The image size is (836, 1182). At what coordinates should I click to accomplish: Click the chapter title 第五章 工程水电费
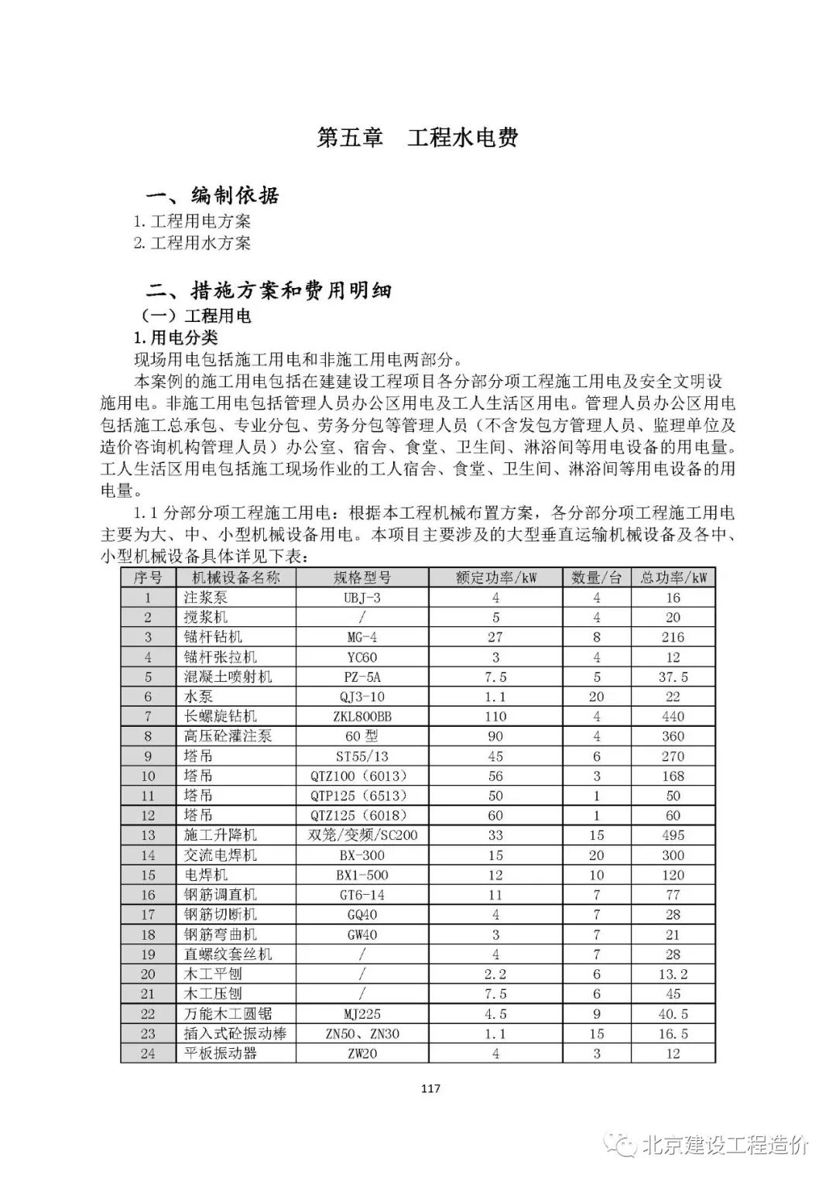coord(417,138)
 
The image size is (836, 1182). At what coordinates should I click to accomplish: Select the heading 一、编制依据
coord(213,195)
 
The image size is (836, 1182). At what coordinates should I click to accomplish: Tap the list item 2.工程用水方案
coord(192,243)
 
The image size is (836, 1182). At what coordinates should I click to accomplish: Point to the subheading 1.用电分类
coord(176,337)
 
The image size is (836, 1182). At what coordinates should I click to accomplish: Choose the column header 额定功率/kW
coord(495,577)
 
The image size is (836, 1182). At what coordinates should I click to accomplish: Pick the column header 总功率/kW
coord(673,577)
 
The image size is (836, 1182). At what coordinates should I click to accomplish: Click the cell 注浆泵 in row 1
coord(205,598)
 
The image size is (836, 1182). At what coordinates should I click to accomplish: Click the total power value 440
coord(673,717)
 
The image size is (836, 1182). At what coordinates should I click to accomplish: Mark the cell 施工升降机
coord(220,835)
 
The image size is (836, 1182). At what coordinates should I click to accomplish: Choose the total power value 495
coord(673,835)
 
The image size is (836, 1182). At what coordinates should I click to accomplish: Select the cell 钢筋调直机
coord(220,895)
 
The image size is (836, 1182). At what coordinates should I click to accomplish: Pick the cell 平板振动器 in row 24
coord(220,1054)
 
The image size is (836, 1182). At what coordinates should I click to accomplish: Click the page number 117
coord(430,1089)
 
